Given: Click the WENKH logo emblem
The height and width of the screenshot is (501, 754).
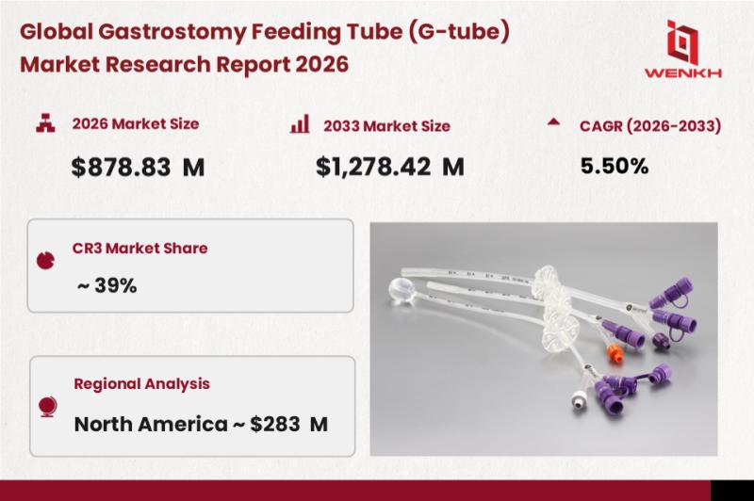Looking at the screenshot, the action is click(x=682, y=41).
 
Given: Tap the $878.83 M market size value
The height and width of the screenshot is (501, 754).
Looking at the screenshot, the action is click(x=138, y=168).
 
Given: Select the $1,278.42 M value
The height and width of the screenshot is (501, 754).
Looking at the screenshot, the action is click(x=390, y=167).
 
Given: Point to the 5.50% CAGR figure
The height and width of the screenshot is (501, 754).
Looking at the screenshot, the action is click(x=615, y=166).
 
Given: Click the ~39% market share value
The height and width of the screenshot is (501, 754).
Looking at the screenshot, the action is click(x=107, y=285).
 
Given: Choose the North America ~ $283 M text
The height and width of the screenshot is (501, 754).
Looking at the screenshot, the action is click(x=201, y=424).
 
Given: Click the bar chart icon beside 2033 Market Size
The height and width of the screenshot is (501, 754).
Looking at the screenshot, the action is click(x=300, y=123).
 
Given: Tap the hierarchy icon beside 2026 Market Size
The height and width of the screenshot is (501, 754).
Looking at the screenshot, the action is click(x=45, y=122).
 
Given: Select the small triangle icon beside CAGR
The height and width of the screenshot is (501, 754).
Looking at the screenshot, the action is click(x=553, y=121).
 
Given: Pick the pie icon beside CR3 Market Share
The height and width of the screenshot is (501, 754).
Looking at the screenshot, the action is click(x=45, y=260).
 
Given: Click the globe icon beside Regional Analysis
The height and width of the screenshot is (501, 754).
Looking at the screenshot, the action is click(x=48, y=407).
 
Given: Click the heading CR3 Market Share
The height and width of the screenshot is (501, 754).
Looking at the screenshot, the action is click(x=139, y=248).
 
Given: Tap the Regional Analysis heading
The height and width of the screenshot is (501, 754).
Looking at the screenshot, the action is click(x=142, y=384).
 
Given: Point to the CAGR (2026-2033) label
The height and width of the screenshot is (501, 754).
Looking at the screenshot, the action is click(x=650, y=126).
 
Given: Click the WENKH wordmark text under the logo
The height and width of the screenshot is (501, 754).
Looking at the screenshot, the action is click(x=682, y=73).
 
